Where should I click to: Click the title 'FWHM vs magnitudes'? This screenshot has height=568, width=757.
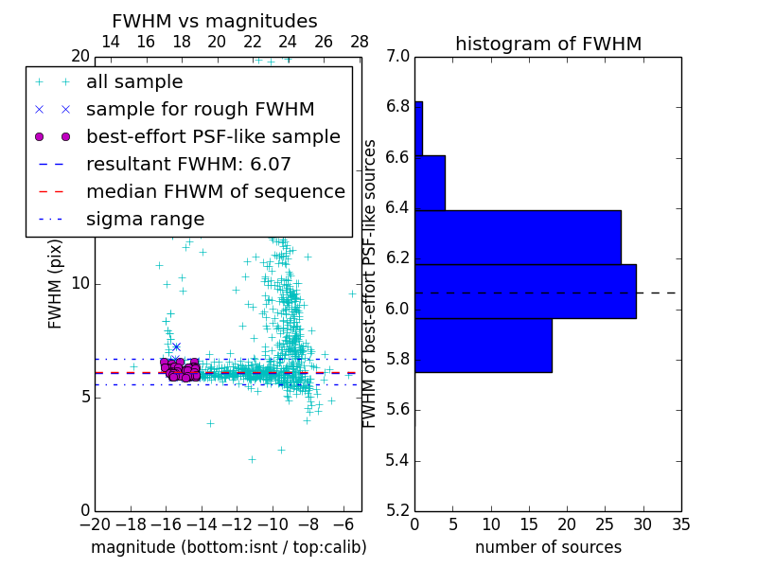pyautogui.click(x=215, y=21)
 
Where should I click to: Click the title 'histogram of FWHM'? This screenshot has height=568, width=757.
pyautogui.click(x=548, y=44)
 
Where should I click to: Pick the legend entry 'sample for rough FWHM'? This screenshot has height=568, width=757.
pyautogui.click(x=200, y=110)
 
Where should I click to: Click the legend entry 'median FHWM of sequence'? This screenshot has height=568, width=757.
pyautogui.click(x=215, y=192)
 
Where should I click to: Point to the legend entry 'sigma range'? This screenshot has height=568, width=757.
pyautogui.click(x=145, y=220)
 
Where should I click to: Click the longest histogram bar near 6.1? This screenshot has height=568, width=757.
pyautogui.click(x=525, y=292)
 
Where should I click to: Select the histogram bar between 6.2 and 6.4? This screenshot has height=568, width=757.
pyautogui.click(x=518, y=237)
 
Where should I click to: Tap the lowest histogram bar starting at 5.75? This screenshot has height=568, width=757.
pyautogui.click(x=483, y=346)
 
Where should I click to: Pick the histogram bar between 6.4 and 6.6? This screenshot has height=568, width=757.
pyautogui.click(x=430, y=183)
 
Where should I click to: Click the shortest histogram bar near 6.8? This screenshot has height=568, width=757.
pyautogui.click(x=418, y=128)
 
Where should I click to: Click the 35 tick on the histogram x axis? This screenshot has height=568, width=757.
pyautogui.click(x=680, y=524)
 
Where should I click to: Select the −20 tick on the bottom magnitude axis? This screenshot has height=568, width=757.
pyautogui.click(x=95, y=524)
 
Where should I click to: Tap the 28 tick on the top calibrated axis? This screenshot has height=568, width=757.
pyautogui.click(x=360, y=42)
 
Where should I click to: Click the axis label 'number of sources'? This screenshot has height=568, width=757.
pyautogui.click(x=548, y=547)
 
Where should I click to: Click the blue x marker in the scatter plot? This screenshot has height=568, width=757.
pyautogui.click(x=176, y=347)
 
